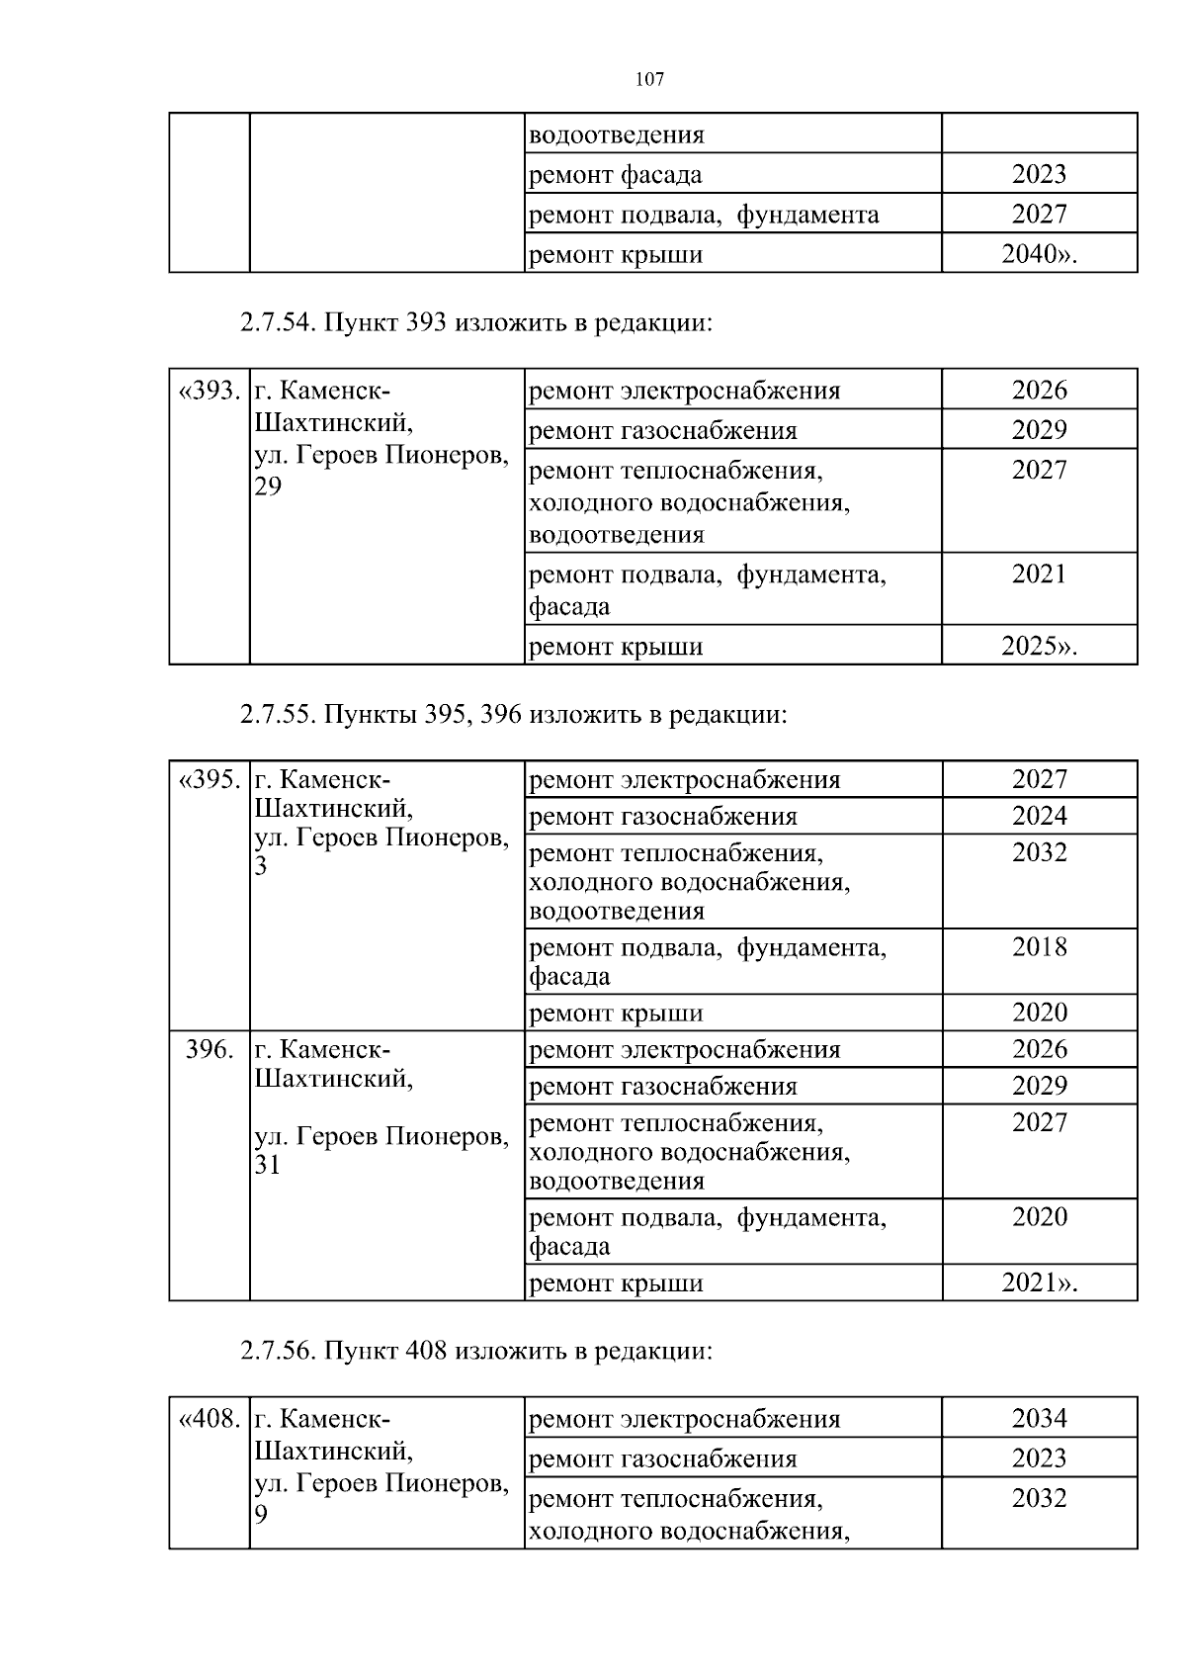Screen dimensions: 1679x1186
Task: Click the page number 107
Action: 649,80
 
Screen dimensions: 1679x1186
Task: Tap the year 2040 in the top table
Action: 1038,254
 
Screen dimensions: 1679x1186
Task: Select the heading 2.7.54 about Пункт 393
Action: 475,322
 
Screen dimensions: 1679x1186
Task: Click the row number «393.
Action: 209,391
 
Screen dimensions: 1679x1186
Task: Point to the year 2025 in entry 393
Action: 1038,647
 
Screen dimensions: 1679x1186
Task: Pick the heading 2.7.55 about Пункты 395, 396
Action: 513,714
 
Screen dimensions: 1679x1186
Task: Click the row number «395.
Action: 209,779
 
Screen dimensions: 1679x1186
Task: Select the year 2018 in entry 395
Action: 1039,947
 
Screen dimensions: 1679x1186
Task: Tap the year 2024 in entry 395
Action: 1039,816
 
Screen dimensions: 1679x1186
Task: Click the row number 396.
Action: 210,1049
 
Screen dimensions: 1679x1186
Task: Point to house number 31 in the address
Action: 268,1165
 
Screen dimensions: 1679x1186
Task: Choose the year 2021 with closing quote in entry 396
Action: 1038,1282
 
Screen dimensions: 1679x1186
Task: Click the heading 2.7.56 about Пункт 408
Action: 475,1351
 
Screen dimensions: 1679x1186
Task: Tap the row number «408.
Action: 209,1419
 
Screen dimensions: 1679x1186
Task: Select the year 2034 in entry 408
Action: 1039,1418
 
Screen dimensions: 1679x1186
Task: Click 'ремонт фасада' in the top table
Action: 616,175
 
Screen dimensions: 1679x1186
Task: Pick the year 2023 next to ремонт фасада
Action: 1039,174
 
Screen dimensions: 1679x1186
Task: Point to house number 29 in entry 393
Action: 268,486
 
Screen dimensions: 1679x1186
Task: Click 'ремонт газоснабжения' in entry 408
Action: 663,1459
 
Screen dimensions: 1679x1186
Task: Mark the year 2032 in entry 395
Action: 1039,852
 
